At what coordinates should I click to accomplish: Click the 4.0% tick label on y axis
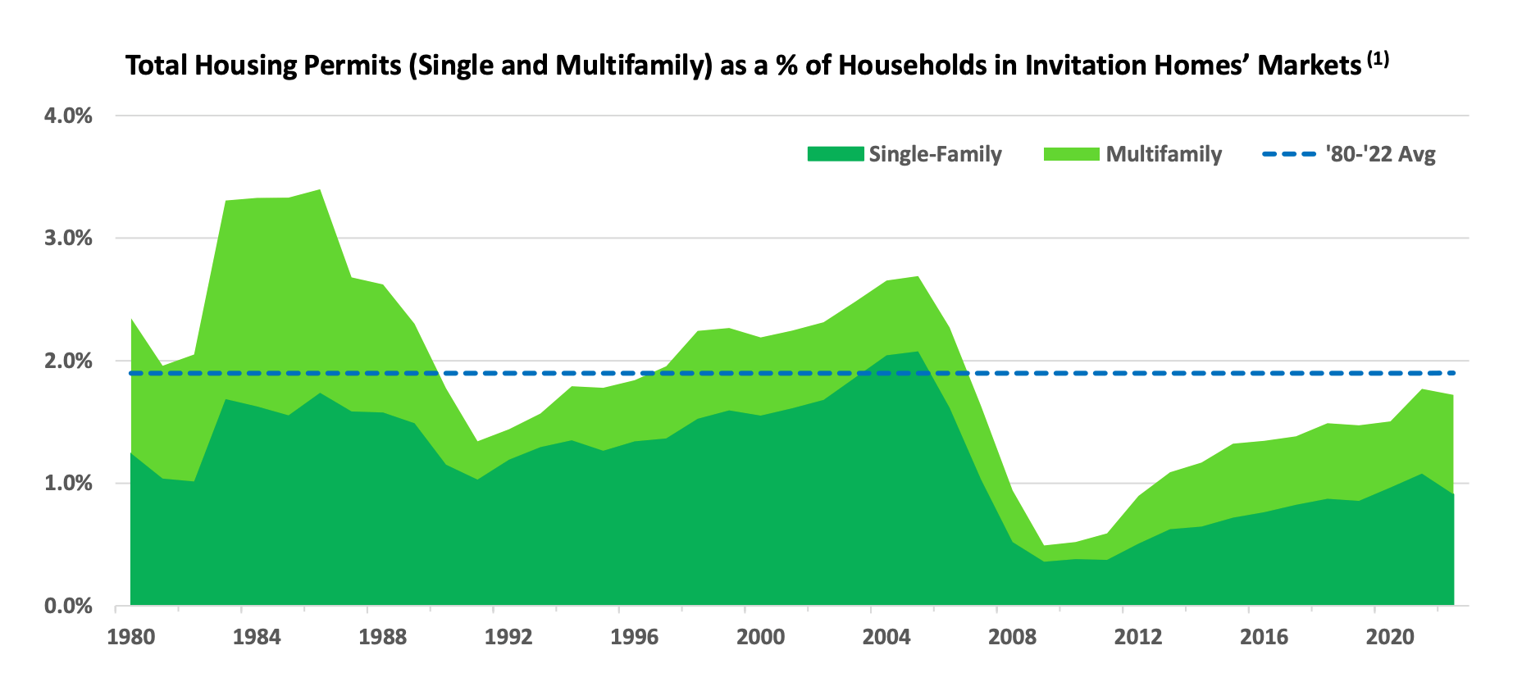(x=68, y=116)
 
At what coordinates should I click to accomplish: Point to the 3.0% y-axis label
(x=68, y=239)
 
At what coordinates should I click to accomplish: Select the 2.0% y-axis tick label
(x=68, y=361)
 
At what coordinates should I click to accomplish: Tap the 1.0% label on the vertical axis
(x=68, y=484)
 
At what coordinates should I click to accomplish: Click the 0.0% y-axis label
(x=68, y=606)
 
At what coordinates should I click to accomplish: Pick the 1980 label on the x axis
(x=131, y=638)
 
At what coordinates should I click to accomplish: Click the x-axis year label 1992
(x=508, y=638)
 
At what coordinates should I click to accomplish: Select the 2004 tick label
(x=886, y=638)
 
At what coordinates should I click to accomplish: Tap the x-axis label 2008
(x=1012, y=638)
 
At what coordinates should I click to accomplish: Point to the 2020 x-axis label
(x=1389, y=638)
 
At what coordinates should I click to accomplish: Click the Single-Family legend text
(x=935, y=154)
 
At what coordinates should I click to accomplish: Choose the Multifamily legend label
(x=1164, y=154)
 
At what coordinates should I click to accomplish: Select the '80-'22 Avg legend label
(x=1380, y=154)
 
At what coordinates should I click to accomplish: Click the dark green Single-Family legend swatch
(x=836, y=154)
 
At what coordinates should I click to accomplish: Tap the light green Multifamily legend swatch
(x=1071, y=154)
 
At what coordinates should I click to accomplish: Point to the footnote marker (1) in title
(x=1378, y=59)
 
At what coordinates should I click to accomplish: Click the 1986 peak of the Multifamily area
(x=319, y=191)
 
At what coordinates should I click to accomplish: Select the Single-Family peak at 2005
(x=917, y=352)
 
